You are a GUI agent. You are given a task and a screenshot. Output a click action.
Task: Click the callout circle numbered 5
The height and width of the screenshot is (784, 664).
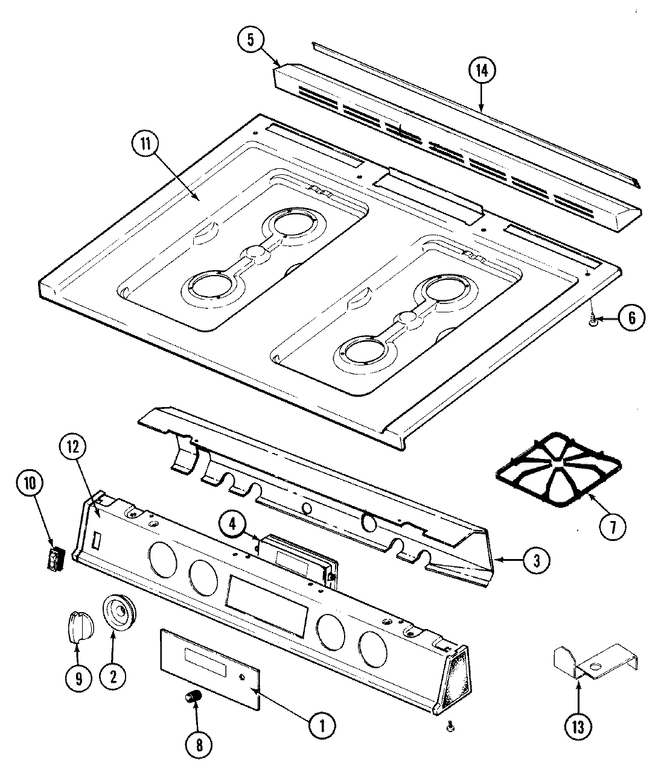pos(251,40)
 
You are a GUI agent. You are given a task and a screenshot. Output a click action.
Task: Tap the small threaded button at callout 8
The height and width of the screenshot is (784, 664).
pos(193,698)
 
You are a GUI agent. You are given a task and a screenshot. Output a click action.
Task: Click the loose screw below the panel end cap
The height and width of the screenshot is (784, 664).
pos(449,728)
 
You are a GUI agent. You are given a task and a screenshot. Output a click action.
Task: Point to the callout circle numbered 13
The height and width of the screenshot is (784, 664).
pos(578,727)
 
